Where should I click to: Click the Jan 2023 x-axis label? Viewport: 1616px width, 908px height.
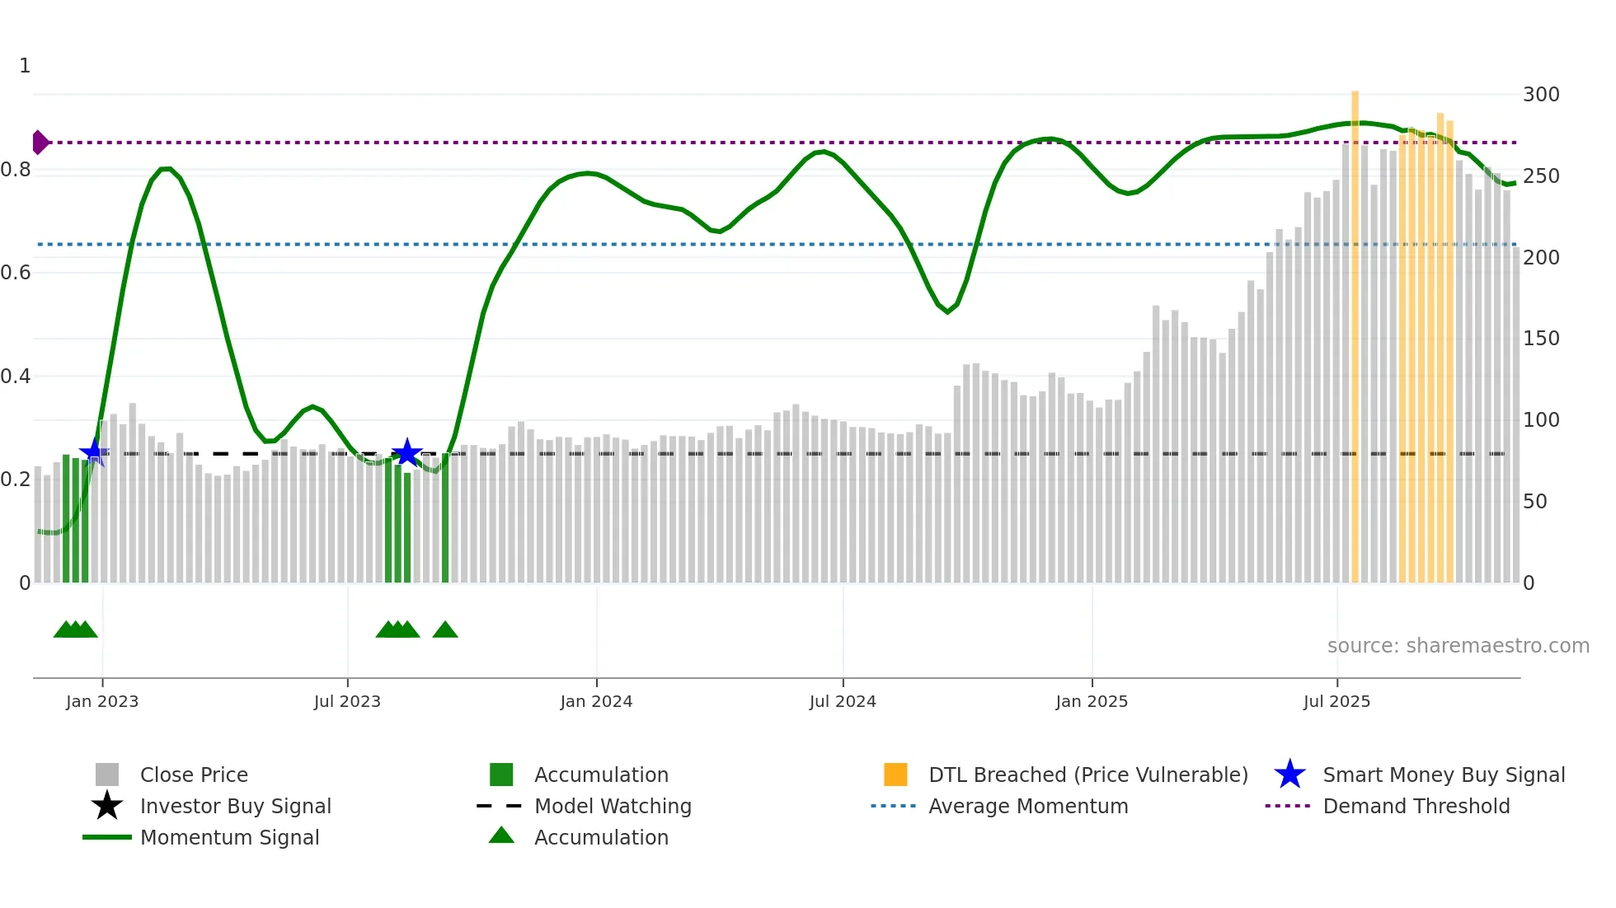coord(102,701)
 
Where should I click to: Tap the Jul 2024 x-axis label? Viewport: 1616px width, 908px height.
coord(843,701)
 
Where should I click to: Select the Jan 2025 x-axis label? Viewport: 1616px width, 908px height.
coord(1092,701)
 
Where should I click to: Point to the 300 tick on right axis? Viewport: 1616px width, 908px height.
coord(1540,95)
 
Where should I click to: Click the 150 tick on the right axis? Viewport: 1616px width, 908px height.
coord(1540,339)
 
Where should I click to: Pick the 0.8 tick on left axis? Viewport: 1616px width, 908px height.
coord(16,170)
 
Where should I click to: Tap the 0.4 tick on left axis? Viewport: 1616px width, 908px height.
coord(16,377)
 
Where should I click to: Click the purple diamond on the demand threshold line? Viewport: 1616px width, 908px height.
coord(40,143)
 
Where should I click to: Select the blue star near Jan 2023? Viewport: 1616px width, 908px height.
coord(94,452)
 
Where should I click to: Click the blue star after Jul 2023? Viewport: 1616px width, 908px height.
coord(406,452)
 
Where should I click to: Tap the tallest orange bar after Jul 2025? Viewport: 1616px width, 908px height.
coord(1355,330)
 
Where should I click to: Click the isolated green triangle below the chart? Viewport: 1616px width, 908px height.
coord(445,630)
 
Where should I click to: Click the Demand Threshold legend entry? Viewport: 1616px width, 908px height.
coord(1416,806)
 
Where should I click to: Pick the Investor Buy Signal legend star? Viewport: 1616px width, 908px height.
coord(107,806)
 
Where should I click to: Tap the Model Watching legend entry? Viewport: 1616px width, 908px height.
coord(612,806)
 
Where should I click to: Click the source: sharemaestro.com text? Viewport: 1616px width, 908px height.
coord(1458,645)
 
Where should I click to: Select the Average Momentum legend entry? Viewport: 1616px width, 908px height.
coord(1027,806)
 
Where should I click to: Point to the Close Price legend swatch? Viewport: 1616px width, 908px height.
coord(107,775)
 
